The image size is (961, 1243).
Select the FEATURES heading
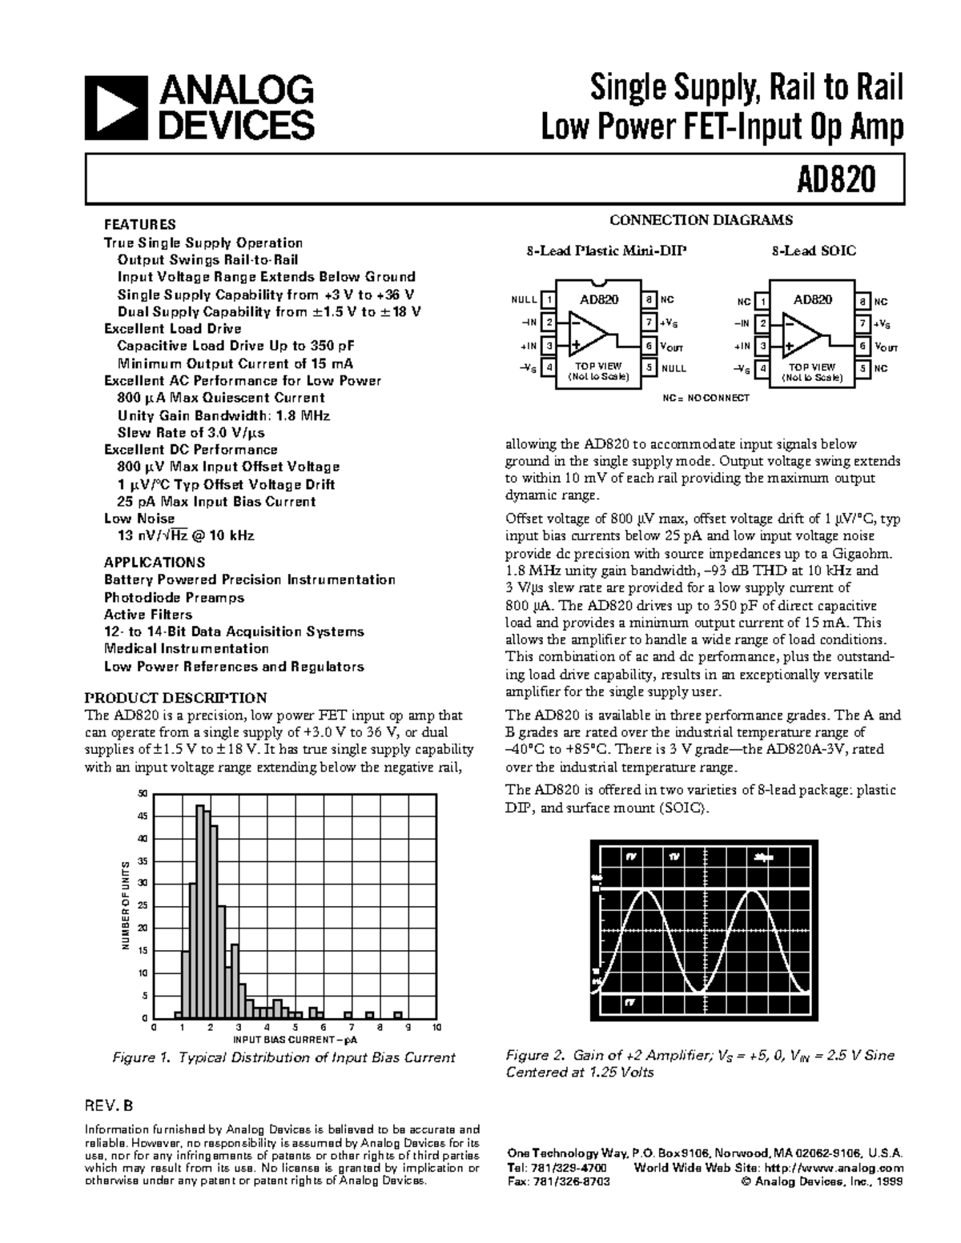click(139, 225)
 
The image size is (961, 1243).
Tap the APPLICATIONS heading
click(155, 562)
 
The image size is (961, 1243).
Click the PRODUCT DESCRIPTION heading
click(175, 698)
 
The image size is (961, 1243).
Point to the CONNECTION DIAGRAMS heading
click(701, 220)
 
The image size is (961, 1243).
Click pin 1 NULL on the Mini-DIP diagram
click(549, 300)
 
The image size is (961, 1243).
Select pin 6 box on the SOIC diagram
click(862, 347)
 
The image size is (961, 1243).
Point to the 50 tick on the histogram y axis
click(143, 794)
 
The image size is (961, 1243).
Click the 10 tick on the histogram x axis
click(436, 1027)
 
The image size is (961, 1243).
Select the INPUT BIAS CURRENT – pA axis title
click(295, 1040)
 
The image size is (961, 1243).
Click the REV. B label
click(109, 1107)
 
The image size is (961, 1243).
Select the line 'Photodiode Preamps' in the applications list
click(174, 597)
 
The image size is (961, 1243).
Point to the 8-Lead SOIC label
click(814, 251)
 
